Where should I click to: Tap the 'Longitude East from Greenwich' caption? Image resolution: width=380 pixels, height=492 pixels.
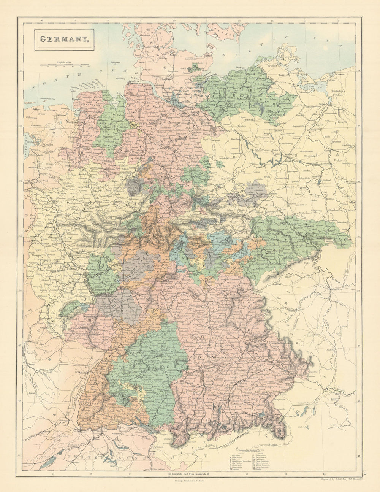[x=186, y=473]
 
